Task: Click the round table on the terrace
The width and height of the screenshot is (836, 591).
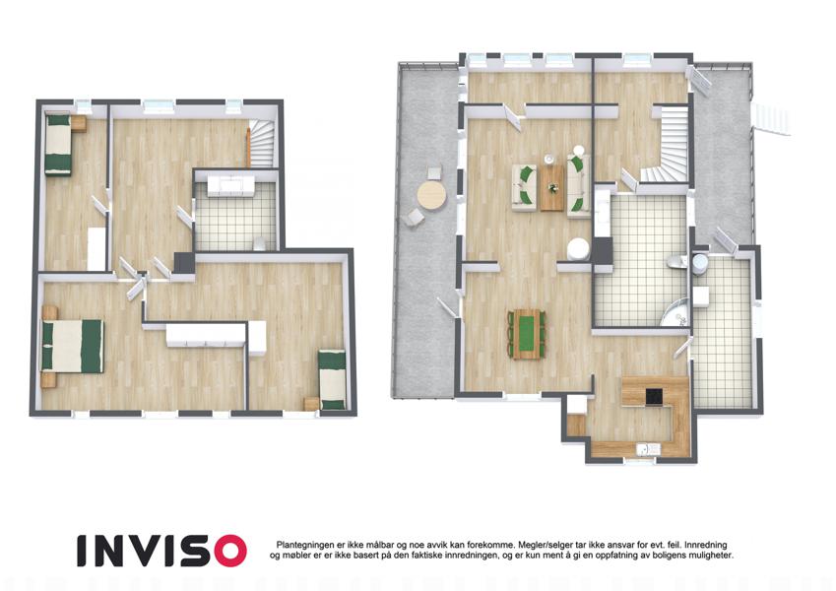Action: (431, 196)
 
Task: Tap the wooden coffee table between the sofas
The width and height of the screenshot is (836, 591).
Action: (551, 187)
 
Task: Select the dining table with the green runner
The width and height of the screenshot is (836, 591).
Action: (526, 335)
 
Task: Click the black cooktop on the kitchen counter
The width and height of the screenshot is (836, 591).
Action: (654, 397)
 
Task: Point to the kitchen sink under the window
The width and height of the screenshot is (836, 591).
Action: (648, 448)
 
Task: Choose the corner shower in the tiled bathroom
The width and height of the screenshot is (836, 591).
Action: (675, 313)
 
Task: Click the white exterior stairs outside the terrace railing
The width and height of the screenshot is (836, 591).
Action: (770, 118)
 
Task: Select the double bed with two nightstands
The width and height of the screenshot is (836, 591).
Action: (72, 346)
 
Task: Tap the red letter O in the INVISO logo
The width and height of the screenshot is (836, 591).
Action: (226, 551)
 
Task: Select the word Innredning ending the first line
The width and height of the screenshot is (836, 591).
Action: (706, 545)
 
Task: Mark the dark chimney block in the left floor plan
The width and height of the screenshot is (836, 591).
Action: (184, 263)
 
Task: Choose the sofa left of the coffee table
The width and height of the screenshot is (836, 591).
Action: (523, 188)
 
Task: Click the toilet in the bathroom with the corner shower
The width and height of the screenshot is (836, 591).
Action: (675, 261)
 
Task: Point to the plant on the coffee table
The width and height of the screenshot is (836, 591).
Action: (552, 187)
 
